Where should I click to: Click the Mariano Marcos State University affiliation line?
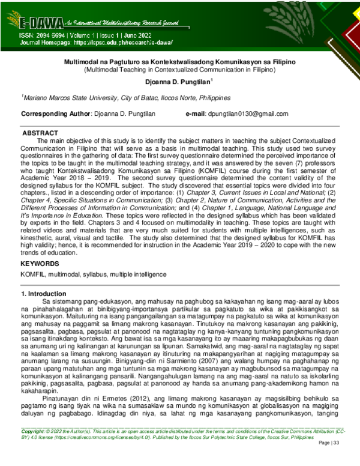click(x=126, y=97)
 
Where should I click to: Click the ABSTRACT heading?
click(x=40, y=133)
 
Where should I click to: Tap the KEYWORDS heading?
click(x=40, y=264)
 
